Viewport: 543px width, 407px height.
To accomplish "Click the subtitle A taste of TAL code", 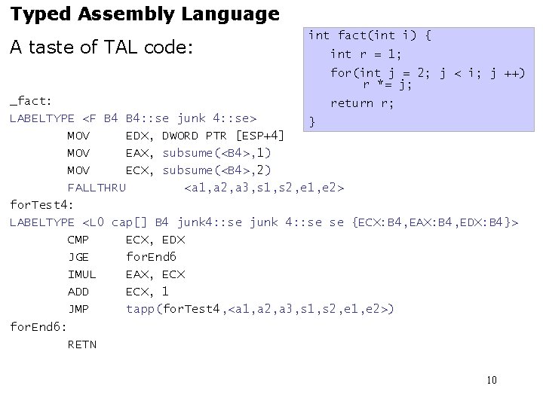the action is (102, 47).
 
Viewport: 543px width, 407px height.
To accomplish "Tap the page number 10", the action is (491, 380).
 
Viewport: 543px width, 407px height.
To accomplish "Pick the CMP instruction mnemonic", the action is (78, 240).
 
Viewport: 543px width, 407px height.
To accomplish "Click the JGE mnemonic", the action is (78, 257).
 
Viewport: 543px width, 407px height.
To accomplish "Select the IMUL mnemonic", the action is (81, 274).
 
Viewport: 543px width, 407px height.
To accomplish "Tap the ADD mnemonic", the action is (78, 292).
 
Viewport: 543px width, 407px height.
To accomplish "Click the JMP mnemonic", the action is (78, 309).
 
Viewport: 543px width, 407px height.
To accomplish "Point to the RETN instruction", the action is (81, 344).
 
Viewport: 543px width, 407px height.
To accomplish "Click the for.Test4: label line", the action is (41, 204).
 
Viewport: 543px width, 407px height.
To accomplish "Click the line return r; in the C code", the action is (362, 103).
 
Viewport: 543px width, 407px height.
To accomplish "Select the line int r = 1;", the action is (365, 54).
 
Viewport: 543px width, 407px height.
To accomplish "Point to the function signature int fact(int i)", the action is (369, 35).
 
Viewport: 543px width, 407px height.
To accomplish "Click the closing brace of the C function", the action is (313, 121).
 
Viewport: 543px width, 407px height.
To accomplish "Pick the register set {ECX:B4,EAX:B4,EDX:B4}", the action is (435, 222).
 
